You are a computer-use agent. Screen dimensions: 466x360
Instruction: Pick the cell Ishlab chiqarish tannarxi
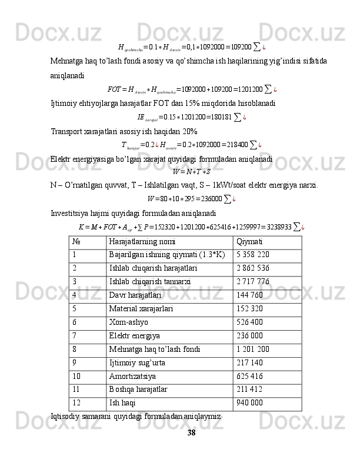(149, 281)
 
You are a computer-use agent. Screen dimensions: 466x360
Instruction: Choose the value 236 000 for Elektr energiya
(249, 334)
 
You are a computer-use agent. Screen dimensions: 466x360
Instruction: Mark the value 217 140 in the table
(249, 361)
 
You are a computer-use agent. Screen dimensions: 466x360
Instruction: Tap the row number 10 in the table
(79, 374)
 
